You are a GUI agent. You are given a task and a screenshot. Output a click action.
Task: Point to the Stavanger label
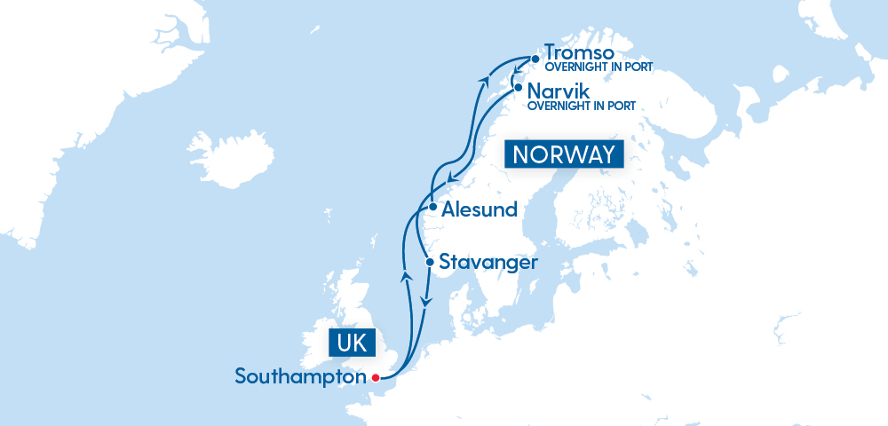[x=488, y=263]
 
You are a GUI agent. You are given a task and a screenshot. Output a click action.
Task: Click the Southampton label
[x=300, y=376]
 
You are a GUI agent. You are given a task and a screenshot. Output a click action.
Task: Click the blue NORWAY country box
[x=563, y=154]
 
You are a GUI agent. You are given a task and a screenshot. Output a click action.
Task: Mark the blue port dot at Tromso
[x=535, y=59]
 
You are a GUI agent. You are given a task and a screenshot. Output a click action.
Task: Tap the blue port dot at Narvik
[x=518, y=88]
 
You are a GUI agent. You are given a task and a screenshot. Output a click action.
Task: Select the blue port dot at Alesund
[x=432, y=208]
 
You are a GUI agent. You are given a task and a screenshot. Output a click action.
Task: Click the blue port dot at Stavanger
[x=430, y=262]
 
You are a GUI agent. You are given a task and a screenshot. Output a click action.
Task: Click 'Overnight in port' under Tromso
[x=599, y=67]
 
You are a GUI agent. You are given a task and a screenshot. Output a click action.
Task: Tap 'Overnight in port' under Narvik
[x=583, y=106]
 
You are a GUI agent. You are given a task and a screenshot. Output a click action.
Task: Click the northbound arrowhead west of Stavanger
[x=405, y=275]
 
